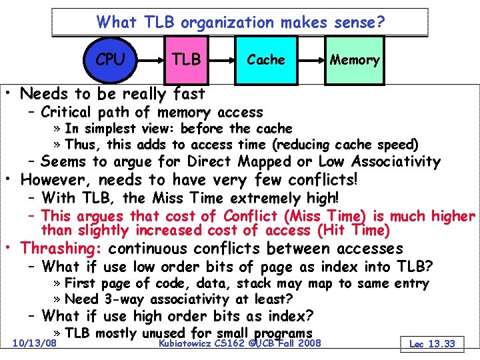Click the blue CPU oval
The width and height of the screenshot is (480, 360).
coord(110,59)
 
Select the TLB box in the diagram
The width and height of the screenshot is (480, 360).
coord(186,60)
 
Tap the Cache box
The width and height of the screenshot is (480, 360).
coord(265,60)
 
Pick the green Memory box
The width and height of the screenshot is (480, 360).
coord(355,60)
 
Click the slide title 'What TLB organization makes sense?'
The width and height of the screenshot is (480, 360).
coord(240,22)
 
